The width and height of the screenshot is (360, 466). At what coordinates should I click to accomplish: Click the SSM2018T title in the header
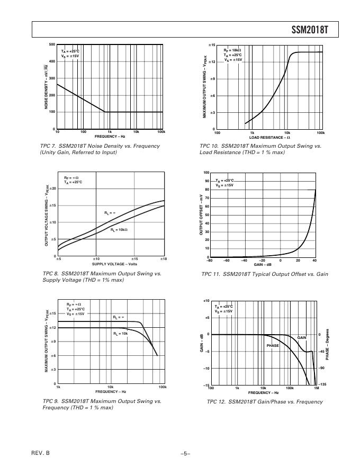click(310, 30)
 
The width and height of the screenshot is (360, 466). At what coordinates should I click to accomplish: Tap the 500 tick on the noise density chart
click(52, 44)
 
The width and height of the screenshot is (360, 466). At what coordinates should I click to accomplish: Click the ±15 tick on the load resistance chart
click(211, 46)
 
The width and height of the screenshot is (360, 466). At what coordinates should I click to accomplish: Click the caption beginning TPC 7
click(100, 149)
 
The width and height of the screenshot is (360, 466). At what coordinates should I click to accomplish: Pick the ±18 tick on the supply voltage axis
click(164, 258)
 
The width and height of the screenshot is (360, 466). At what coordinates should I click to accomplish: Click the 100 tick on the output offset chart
click(206, 173)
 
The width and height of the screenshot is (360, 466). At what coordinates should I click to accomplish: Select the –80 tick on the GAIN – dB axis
click(210, 261)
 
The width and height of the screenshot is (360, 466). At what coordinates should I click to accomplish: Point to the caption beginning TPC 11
click(265, 274)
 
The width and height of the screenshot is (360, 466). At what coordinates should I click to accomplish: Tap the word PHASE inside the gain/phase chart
click(273, 345)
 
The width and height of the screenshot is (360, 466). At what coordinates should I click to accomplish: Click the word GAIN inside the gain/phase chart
click(302, 337)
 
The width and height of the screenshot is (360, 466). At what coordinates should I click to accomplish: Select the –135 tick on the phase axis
click(322, 384)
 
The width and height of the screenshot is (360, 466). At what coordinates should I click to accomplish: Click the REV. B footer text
click(41, 453)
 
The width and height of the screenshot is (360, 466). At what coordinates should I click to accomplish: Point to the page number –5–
click(185, 453)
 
